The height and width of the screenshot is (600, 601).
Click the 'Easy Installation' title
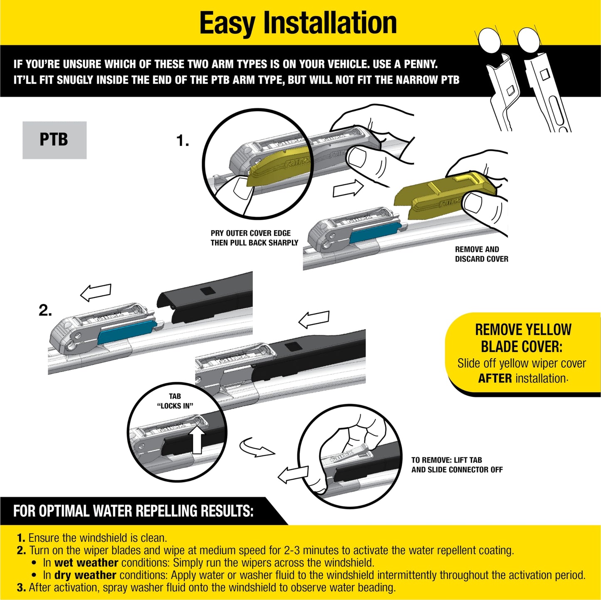298,23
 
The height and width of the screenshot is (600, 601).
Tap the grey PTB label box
54,140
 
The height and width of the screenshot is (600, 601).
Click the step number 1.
182,141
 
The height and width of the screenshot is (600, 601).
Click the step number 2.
45,310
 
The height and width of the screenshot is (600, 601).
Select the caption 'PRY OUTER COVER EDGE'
250,233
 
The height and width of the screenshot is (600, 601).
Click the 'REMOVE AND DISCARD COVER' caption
481,254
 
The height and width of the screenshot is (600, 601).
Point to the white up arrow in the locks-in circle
197,440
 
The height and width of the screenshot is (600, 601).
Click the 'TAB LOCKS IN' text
175,401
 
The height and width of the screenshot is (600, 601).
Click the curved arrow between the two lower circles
256,448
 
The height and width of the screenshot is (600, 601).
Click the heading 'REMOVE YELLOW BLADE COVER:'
523,338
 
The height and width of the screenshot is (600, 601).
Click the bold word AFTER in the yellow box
495,379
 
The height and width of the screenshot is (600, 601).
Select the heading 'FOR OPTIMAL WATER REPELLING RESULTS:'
133,511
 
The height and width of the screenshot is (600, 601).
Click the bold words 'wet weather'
86,563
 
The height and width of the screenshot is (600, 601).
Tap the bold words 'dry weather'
85,575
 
